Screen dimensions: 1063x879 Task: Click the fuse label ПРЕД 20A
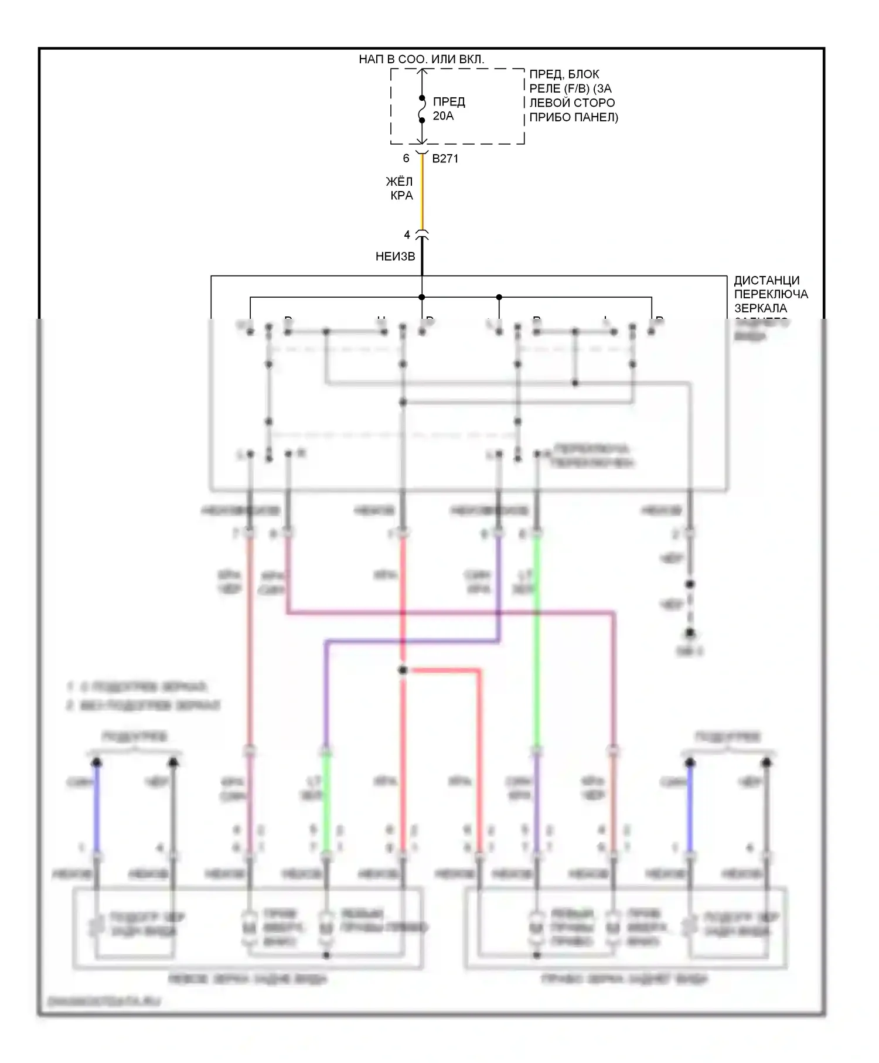[x=449, y=109]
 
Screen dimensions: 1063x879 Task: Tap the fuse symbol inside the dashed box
[x=421, y=109]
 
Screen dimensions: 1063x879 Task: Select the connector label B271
[x=445, y=158]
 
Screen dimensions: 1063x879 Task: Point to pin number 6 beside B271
[x=406, y=158]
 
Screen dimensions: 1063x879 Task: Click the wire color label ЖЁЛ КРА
[x=401, y=189]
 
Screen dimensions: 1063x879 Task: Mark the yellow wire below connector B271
[x=422, y=193]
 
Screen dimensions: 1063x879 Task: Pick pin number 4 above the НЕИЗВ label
[x=407, y=235]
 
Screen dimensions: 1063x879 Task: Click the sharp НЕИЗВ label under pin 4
[x=396, y=256]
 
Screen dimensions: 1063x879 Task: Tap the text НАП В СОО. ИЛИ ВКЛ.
[x=421, y=59]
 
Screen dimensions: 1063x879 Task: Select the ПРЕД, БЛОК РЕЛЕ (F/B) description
[x=573, y=96]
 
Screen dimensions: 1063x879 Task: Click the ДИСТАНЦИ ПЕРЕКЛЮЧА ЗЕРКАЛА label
[x=771, y=294]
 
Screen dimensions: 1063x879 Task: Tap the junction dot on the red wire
[x=403, y=670]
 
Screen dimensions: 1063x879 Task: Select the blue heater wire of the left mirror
[x=97, y=809]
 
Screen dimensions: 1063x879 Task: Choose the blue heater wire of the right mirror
[x=690, y=809]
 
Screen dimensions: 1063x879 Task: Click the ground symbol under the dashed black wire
[x=690, y=634]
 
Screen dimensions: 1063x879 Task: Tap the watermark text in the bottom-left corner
[x=104, y=1002]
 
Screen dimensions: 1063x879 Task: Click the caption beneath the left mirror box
[x=247, y=979]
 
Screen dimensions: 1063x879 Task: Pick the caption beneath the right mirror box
[x=625, y=979]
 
